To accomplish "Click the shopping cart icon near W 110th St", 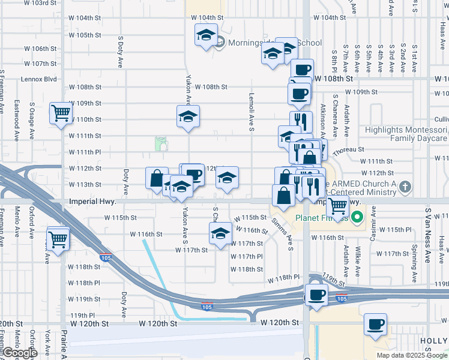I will [61, 112].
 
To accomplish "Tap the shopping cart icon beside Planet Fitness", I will [338, 205].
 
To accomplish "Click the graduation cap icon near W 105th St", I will [205, 35].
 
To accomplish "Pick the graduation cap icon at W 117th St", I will [220, 233].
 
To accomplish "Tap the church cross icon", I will [405, 187].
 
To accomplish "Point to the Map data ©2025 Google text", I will [412, 355].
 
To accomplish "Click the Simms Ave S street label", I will [286, 229].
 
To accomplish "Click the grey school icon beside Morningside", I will [220, 43].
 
